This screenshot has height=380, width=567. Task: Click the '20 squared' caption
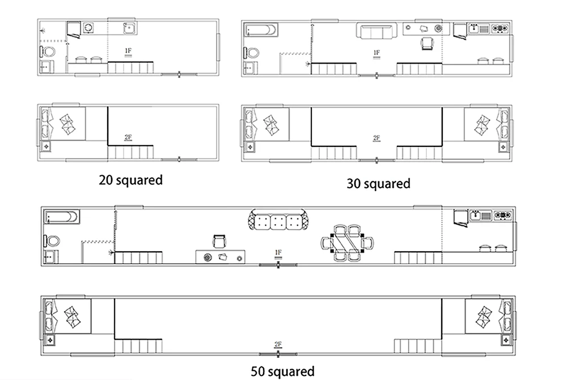(130, 180)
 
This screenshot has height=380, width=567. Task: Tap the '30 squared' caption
(378, 183)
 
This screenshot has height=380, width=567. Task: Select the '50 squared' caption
(282, 371)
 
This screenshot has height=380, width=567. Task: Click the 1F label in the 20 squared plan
(128, 52)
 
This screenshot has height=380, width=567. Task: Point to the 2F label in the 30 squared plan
(376, 138)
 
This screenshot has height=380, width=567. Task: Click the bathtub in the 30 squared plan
(261, 29)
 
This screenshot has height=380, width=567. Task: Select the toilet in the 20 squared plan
(48, 52)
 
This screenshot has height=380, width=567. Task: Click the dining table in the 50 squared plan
(347, 243)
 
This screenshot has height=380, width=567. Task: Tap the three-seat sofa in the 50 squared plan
(278, 219)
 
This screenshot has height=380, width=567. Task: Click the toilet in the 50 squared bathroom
(52, 241)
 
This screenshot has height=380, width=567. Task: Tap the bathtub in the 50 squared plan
(62, 217)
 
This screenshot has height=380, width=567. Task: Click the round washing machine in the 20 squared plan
(88, 27)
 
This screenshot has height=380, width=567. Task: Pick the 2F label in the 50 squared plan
(278, 345)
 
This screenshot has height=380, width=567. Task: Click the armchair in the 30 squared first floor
(427, 43)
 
